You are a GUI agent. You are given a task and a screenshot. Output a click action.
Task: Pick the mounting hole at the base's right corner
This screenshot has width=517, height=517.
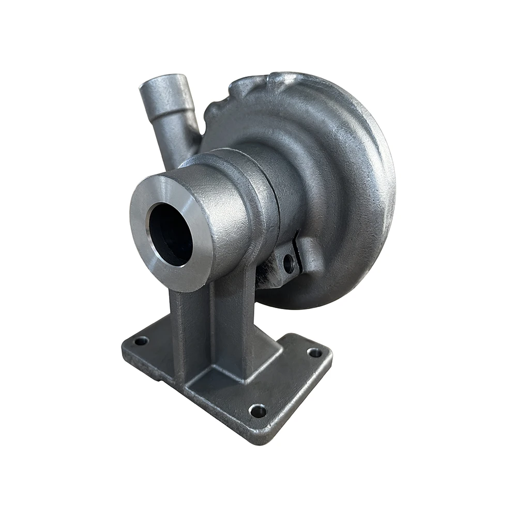pos(314,353)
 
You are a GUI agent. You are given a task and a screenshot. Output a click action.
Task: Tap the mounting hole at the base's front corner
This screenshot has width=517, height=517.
pos(257,411)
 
